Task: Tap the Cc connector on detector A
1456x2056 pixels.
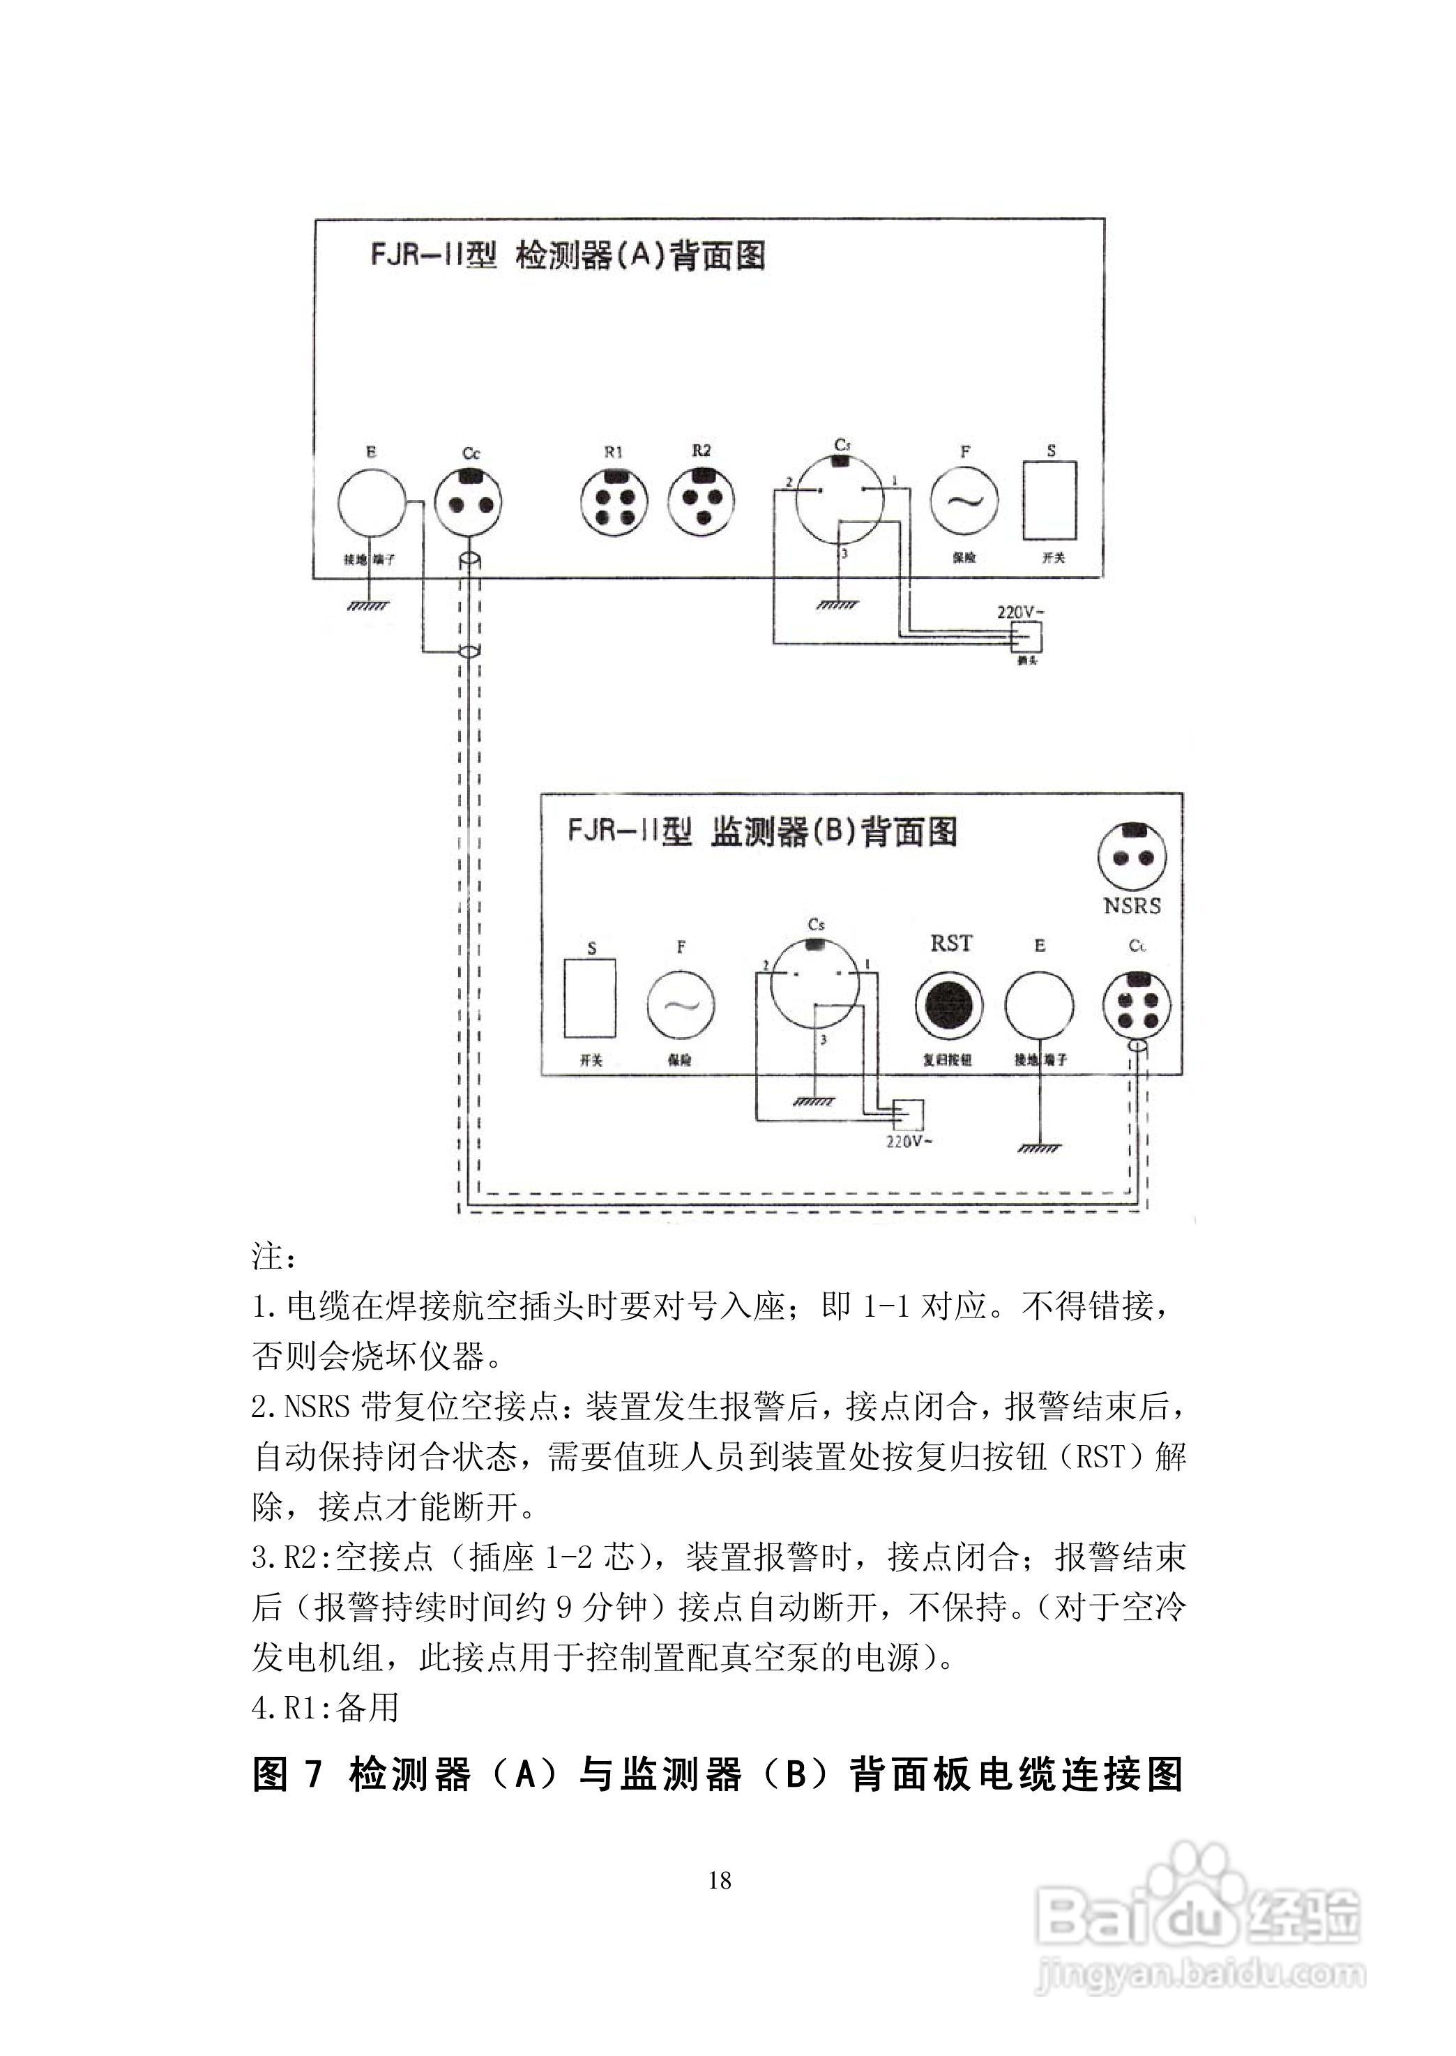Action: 468,502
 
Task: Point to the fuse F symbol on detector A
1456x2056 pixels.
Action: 964,500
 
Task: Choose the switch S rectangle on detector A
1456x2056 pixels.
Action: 1050,500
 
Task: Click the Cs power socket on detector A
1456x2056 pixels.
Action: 840,499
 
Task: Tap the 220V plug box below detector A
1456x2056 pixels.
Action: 1026,637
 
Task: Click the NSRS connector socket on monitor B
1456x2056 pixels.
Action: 1132,856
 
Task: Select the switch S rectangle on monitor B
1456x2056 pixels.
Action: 590,998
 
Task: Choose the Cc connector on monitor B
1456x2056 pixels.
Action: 1136,1004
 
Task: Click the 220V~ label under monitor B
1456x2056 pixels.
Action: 909,1142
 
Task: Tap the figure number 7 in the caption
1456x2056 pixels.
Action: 313,1774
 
